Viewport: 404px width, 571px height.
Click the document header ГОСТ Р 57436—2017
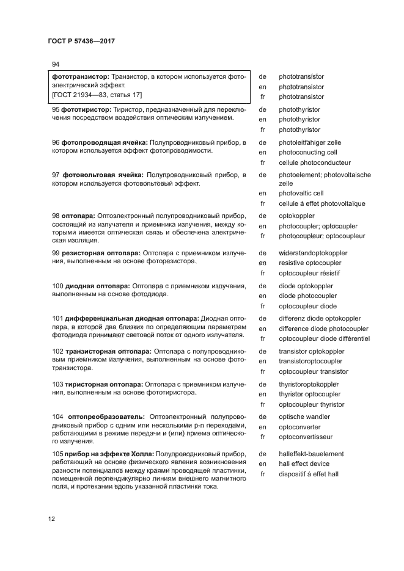tap(81, 42)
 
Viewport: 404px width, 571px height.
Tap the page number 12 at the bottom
tap(53, 518)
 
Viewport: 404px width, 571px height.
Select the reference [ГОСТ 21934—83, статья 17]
tap(97, 95)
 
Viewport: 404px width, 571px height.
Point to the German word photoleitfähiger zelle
tap(310, 142)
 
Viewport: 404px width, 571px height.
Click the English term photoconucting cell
tap(307, 152)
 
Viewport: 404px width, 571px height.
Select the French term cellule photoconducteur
tap(314, 162)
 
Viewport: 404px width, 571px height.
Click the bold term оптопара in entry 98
tap(77, 216)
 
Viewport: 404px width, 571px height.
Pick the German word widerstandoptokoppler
tap(313, 253)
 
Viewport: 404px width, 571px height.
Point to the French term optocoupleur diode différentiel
tap(324, 338)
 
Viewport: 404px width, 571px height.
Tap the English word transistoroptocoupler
tap(310, 361)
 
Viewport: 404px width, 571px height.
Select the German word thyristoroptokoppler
tap(309, 384)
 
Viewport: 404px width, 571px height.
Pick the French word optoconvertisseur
tap(306, 437)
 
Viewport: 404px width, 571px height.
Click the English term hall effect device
tap(304, 464)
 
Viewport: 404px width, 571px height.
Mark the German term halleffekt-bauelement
tap(311, 454)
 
